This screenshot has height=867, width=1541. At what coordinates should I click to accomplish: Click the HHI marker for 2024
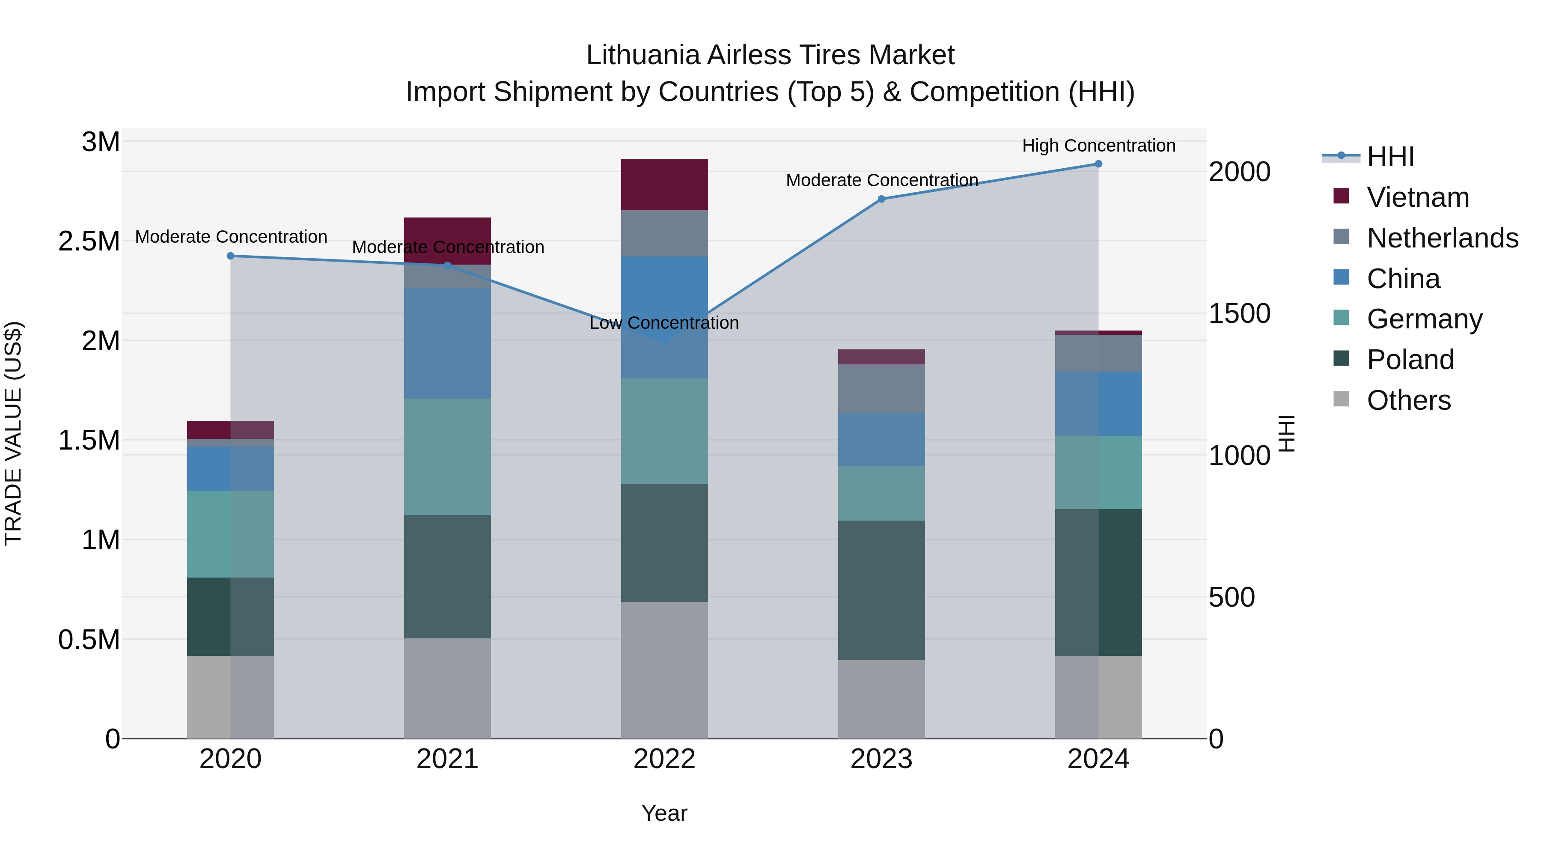tap(1098, 164)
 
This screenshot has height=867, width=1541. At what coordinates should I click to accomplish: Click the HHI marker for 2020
tap(231, 256)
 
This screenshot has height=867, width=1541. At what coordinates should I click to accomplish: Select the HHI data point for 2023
tap(881, 199)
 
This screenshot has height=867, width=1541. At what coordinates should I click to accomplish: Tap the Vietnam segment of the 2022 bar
tap(664, 184)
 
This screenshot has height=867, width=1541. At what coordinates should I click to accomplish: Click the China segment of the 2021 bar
tap(447, 343)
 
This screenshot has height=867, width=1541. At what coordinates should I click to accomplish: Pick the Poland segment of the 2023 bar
tap(881, 590)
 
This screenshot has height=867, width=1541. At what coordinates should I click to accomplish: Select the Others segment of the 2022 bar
tap(664, 670)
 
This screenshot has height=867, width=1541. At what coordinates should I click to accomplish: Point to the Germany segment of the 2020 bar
tap(230, 534)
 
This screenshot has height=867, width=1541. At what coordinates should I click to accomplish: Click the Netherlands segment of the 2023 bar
tap(881, 388)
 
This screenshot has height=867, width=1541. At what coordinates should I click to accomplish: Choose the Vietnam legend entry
tap(1418, 197)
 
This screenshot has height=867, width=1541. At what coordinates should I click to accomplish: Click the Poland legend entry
tap(1410, 360)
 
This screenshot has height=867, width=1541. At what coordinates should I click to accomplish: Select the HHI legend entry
tap(1390, 157)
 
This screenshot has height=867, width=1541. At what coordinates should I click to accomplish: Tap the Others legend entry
tap(1408, 400)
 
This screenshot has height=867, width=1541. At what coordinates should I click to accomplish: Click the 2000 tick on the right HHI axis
tap(1239, 172)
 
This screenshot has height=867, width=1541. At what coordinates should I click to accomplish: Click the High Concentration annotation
tap(1098, 146)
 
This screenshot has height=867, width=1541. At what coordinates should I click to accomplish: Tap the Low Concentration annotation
tap(664, 323)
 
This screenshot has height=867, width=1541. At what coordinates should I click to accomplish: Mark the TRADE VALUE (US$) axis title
tap(14, 433)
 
